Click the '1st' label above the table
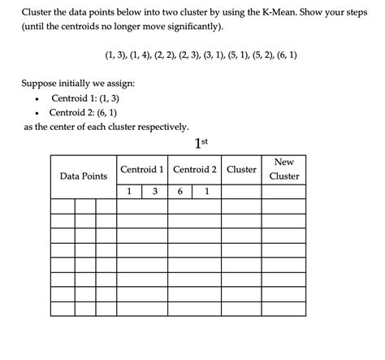point(202,143)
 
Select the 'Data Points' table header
point(84,176)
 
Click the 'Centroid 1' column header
point(142,169)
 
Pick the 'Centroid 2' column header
point(195,169)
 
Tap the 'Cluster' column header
point(241,169)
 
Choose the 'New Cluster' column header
point(284,169)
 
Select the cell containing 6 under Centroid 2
point(180,192)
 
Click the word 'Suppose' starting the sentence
point(41,83)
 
